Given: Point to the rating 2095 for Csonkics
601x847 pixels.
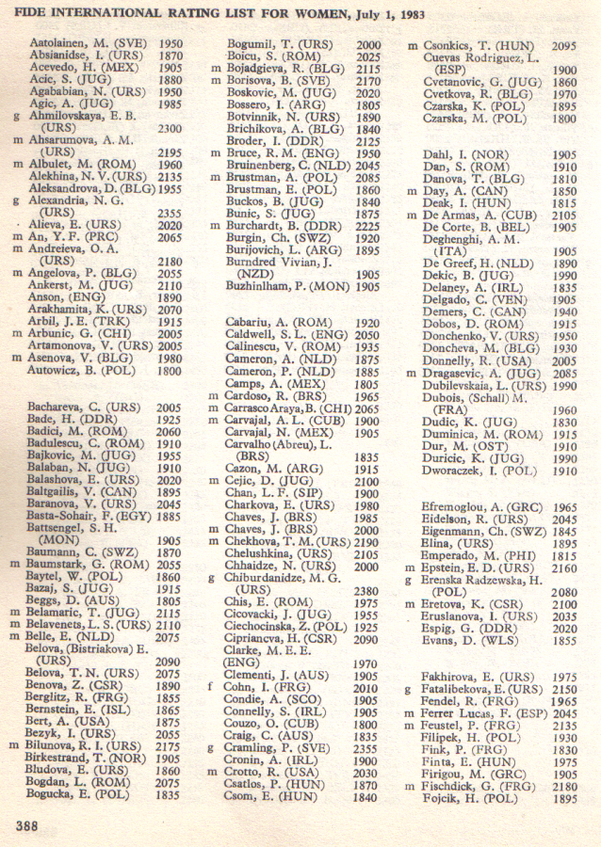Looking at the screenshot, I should (x=563, y=44).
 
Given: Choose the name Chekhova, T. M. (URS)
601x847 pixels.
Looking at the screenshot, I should (x=284, y=543).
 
